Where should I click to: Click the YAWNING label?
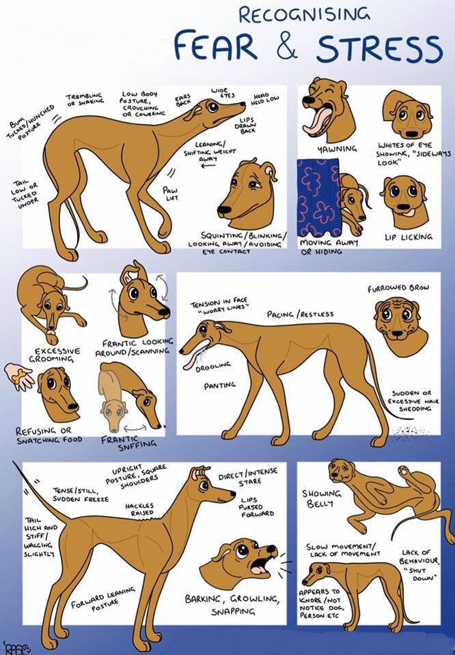tap(337, 149)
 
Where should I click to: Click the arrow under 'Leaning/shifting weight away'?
tap(208, 166)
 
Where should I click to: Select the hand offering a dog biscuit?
tap(18, 375)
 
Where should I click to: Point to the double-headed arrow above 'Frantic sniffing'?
tap(135, 428)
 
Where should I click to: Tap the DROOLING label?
tap(212, 367)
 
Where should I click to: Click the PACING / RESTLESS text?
tap(300, 314)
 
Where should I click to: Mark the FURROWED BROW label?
tap(398, 288)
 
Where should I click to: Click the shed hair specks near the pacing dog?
tap(405, 432)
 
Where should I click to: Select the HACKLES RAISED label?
tap(139, 509)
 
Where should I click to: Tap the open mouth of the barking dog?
tap(259, 565)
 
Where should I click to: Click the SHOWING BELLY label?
tap(321, 497)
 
